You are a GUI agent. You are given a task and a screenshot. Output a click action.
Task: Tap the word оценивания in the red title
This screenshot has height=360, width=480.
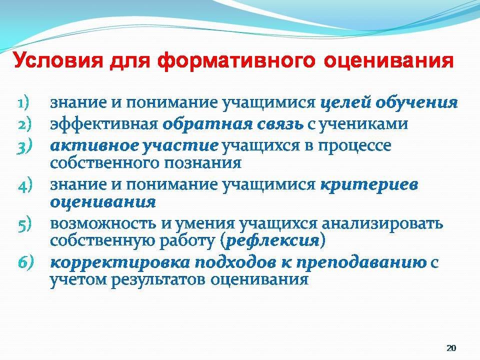click(388, 61)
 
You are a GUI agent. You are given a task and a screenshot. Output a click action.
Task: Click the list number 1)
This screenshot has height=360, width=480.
click(23, 103)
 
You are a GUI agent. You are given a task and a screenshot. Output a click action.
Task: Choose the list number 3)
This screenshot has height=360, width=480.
click(24, 146)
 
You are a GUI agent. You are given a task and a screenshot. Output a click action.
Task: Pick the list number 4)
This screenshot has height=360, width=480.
click(25, 185)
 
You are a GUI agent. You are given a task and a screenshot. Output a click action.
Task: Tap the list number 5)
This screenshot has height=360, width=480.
click(24, 224)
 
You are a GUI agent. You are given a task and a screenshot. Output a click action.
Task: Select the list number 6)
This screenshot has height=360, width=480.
click(25, 263)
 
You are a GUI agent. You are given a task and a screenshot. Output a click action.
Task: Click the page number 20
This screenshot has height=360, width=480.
click(451, 348)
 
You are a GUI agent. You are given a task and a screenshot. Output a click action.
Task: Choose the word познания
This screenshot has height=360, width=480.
click(202, 163)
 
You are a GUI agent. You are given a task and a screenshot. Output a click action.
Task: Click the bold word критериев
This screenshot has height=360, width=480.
click(369, 185)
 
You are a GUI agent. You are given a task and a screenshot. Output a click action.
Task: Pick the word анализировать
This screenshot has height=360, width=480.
click(382, 224)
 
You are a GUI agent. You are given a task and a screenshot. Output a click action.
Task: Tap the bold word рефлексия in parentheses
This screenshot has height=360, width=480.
click(272, 241)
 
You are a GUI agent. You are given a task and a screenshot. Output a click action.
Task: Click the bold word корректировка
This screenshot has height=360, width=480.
click(120, 263)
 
